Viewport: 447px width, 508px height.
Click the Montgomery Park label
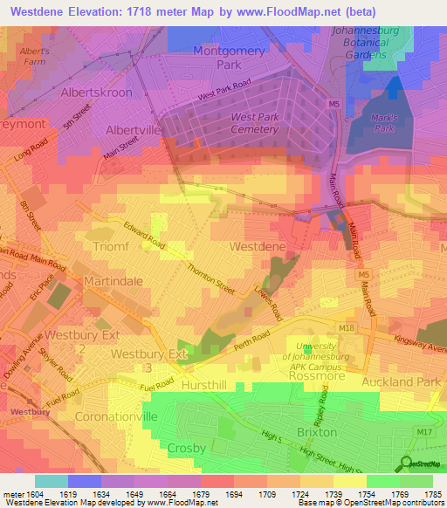[x=228, y=58]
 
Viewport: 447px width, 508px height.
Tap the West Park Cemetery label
[x=254, y=123]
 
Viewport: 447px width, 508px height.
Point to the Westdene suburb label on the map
[x=257, y=247]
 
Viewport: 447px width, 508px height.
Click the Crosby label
[x=186, y=448]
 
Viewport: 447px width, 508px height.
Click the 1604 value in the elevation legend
[x=17, y=493]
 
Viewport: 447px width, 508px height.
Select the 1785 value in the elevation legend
[x=432, y=493]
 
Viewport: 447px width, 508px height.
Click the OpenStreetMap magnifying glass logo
[x=407, y=463]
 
